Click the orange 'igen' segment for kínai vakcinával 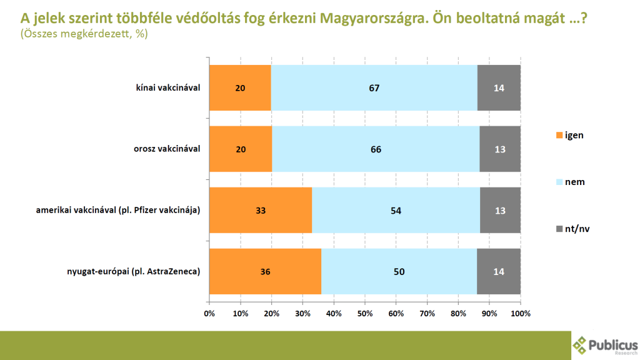[241, 87]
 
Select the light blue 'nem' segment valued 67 [374, 87]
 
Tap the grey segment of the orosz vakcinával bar [499, 149]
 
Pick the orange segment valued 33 [261, 210]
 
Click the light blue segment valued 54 [396, 210]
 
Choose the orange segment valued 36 [266, 271]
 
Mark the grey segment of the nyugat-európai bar [499, 271]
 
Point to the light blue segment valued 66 [376, 149]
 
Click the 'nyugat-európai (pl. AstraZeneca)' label [133, 271]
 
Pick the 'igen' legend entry [569, 135]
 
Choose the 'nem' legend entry [569, 182]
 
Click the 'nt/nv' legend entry [571, 229]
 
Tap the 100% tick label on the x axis [521, 313]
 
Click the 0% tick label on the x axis [209, 313]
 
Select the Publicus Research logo [605, 344]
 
